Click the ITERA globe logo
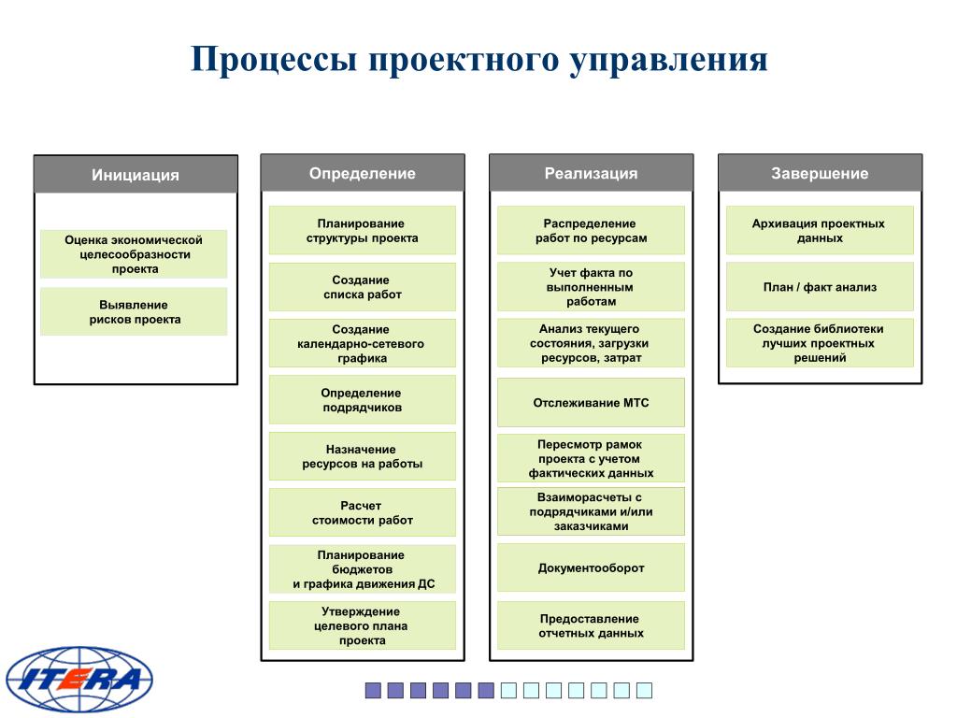click(x=79, y=680)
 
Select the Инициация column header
click(x=136, y=175)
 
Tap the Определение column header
click(x=363, y=173)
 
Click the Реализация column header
click(x=591, y=173)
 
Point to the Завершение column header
click(x=820, y=173)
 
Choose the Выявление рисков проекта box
click(x=135, y=312)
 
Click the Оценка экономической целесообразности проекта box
click(x=135, y=254)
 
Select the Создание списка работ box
click(x=363, y=287)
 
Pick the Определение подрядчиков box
click(x=363, y=400)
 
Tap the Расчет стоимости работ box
click(x=363, y=513)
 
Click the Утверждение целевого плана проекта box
click(x=363, y=625)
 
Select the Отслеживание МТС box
click(x=591, y=402)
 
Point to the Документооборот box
click(x=591, y=567)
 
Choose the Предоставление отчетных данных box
click(x=591, y=625)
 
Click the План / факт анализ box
click(x=820, y=287)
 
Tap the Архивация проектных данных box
click(x=820, y=230)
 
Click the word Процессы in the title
click(x=274, y=60)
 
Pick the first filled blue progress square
click(x=373, y=691)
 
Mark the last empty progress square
click(x=645, y=691)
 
